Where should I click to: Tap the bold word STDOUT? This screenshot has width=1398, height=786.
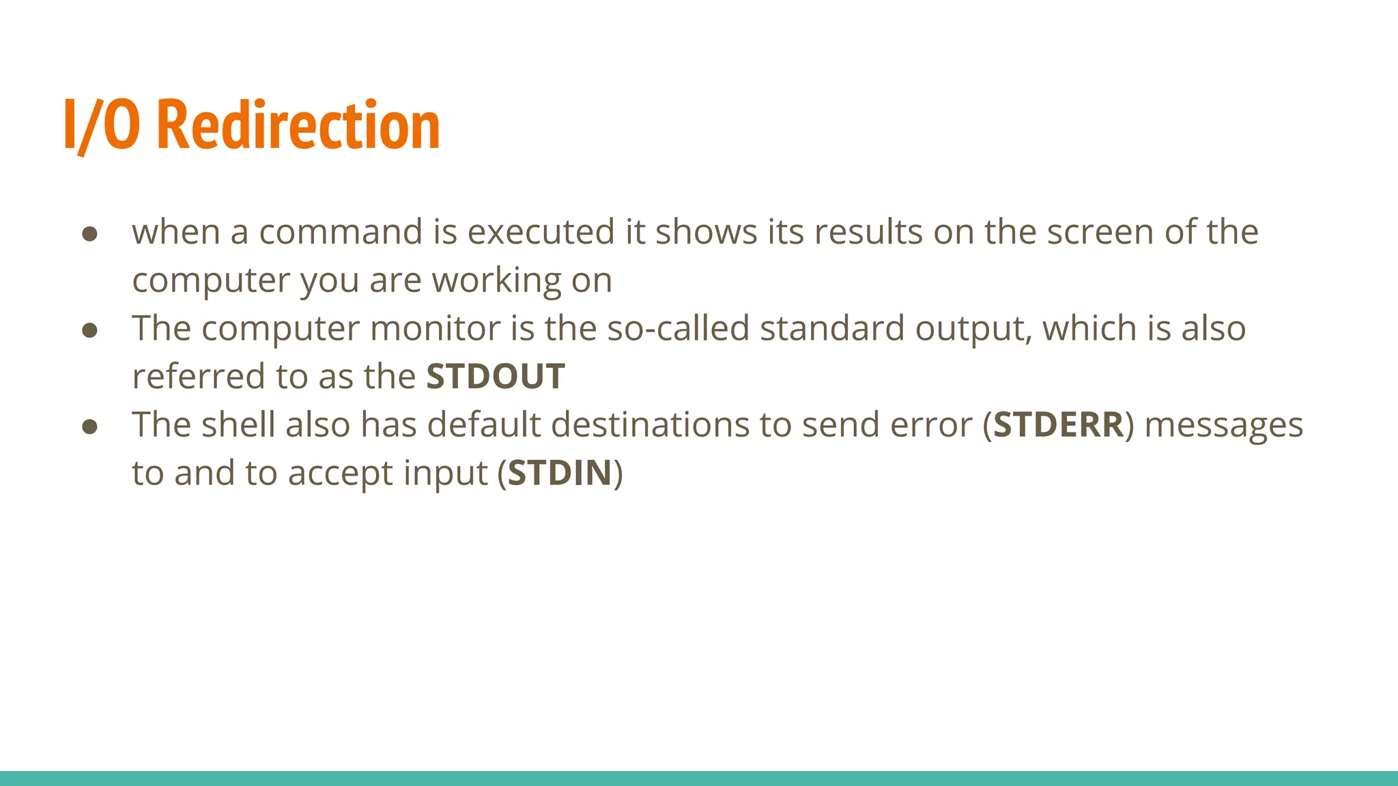pyautogui.click(x=496, y=377)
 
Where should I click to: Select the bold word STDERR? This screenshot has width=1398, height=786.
pyautogui.click(x=1058, y=425)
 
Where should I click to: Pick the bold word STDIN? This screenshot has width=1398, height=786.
pyautogui.click(x=560, y=474)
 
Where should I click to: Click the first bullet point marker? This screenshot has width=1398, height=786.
pyautogui.click(x=89, y=234)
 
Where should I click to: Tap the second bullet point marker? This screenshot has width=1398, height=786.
pyautogui.click(x=89, y=331)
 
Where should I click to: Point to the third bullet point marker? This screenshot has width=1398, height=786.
pyautogui.click(x=89, y=427)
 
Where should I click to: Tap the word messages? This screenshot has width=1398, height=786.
pyautogui.click(x=1223, y=425)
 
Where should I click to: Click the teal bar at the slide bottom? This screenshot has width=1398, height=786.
pyautogui.click(x=699, y=778)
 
